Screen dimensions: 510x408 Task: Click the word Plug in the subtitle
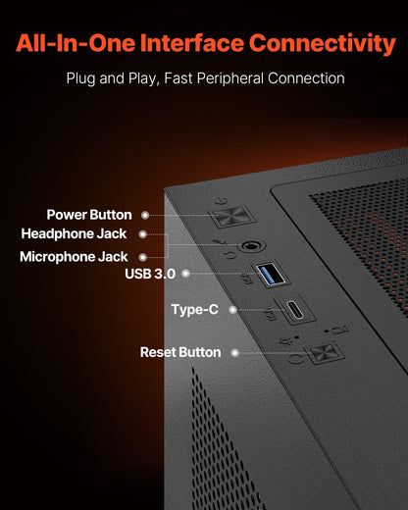[x=81, y=78]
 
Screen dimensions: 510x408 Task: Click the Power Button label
[x=90, y=215]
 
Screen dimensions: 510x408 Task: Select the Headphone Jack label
[x=78, y=234]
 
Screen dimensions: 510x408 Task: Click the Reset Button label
[x=179, y=351]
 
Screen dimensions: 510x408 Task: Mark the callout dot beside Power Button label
[x=145, y=215]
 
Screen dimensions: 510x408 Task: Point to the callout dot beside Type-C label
[x=232, y=310]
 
